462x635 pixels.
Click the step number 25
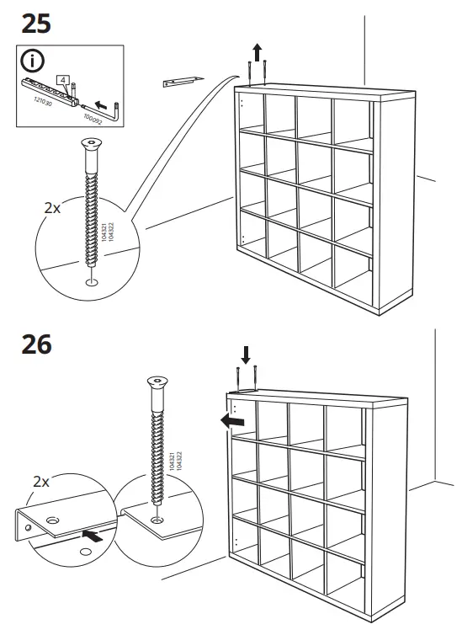35,23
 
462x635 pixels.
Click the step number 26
35,344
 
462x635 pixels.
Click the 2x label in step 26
41,482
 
